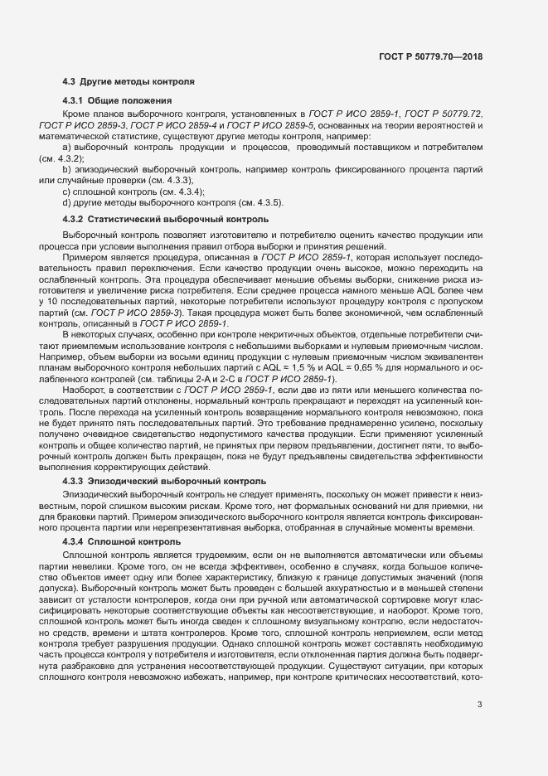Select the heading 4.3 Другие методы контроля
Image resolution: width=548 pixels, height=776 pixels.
(x=129, y=83)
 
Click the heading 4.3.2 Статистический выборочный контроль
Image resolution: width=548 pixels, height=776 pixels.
(x=166, y=219)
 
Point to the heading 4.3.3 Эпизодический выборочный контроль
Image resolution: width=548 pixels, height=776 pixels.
(x=164, y=481)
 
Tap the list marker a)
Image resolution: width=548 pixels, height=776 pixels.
(x=67, y=146)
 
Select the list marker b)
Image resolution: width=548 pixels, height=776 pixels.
(x=67, y=168)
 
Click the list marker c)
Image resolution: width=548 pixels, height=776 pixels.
(x=67, y=191)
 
